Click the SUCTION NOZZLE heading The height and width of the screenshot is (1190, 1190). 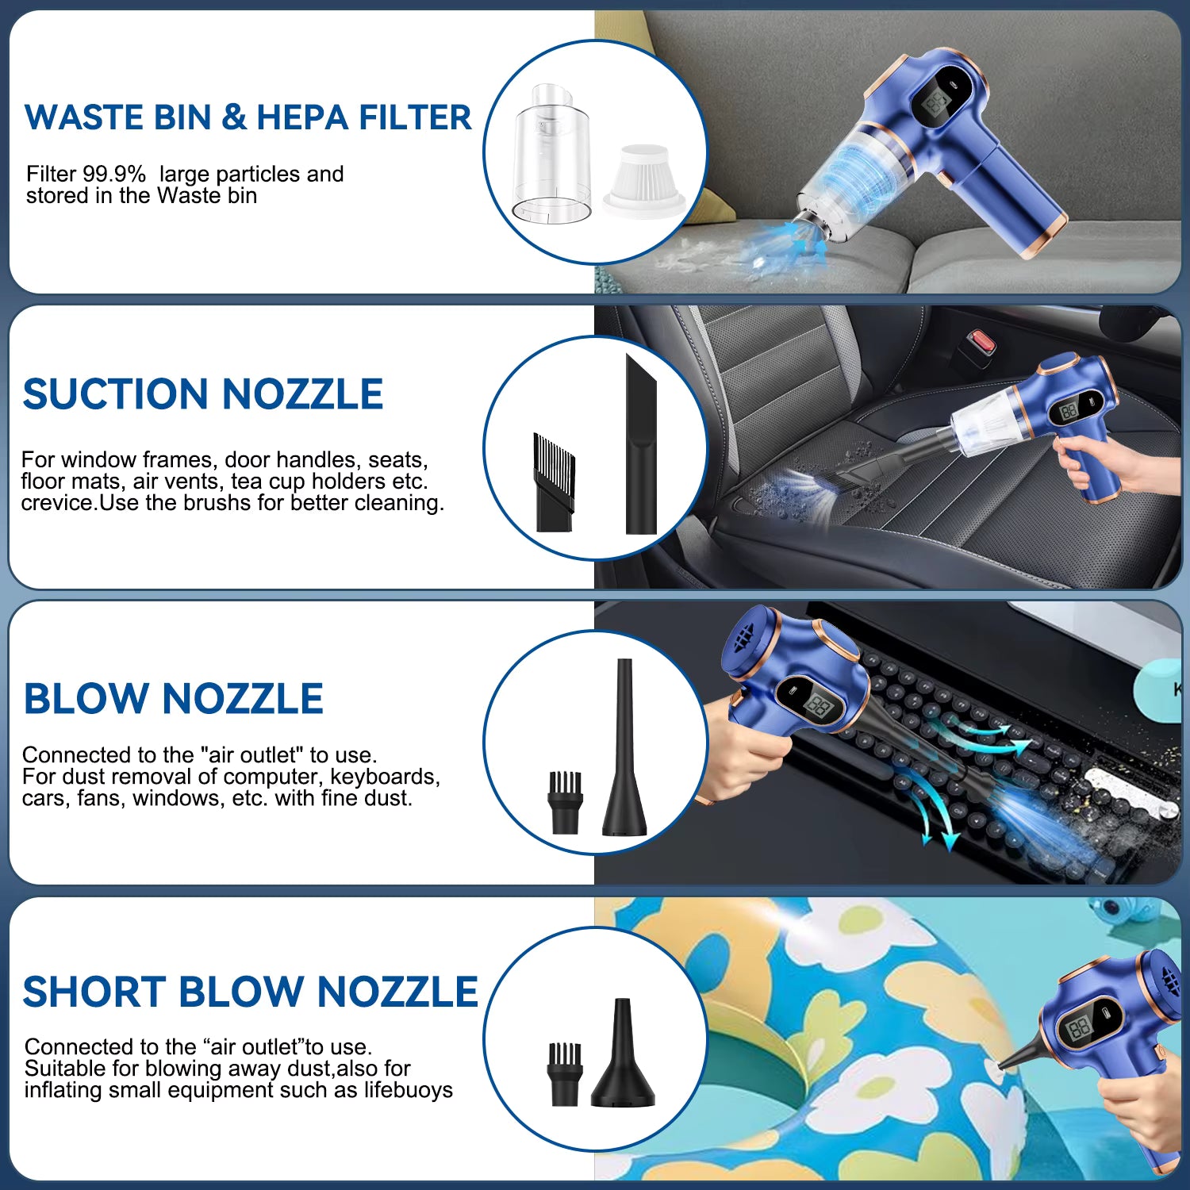203,394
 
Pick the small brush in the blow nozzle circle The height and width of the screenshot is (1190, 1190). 566,802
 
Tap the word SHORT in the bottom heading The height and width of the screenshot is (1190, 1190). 94,992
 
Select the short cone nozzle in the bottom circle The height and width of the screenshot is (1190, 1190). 624,1055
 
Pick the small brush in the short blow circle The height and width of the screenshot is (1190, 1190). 565,1073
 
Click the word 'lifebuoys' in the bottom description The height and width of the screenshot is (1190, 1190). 408,1090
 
